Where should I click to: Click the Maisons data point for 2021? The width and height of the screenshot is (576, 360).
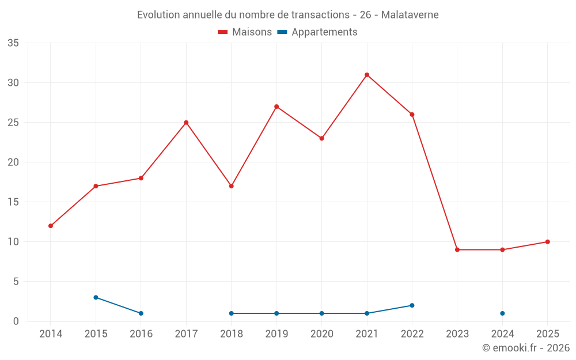[367, 75]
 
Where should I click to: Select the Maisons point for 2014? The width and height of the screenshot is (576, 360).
[51, 226]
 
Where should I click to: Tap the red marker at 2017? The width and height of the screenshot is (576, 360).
[186, 123]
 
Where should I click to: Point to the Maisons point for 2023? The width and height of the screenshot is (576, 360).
[457, 250]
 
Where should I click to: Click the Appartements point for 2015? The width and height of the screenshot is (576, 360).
[96, 297]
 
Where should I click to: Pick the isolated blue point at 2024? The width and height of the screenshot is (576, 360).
[502, 313]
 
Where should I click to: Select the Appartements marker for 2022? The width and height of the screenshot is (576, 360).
[412, 305]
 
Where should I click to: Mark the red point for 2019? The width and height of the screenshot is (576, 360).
[276, 107]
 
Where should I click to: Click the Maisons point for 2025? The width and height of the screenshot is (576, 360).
[547, 242]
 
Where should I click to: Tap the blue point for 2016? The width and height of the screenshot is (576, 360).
[141, 313]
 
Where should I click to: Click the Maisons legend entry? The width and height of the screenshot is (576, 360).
[245, 32]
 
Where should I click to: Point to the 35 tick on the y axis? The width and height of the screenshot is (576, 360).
[13, 43]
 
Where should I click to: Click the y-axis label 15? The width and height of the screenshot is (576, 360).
[13, 202]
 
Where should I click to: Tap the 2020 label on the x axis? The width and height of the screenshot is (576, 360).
[321, 334]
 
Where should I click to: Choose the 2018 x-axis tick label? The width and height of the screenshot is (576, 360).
[231, 334]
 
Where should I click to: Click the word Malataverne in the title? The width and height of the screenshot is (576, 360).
[410, 15]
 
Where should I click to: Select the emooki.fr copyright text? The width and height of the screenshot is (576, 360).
[525, 348]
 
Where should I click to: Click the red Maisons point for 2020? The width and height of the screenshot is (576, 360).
[321, 138]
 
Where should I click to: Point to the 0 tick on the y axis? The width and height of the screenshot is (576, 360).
[16, 321]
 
